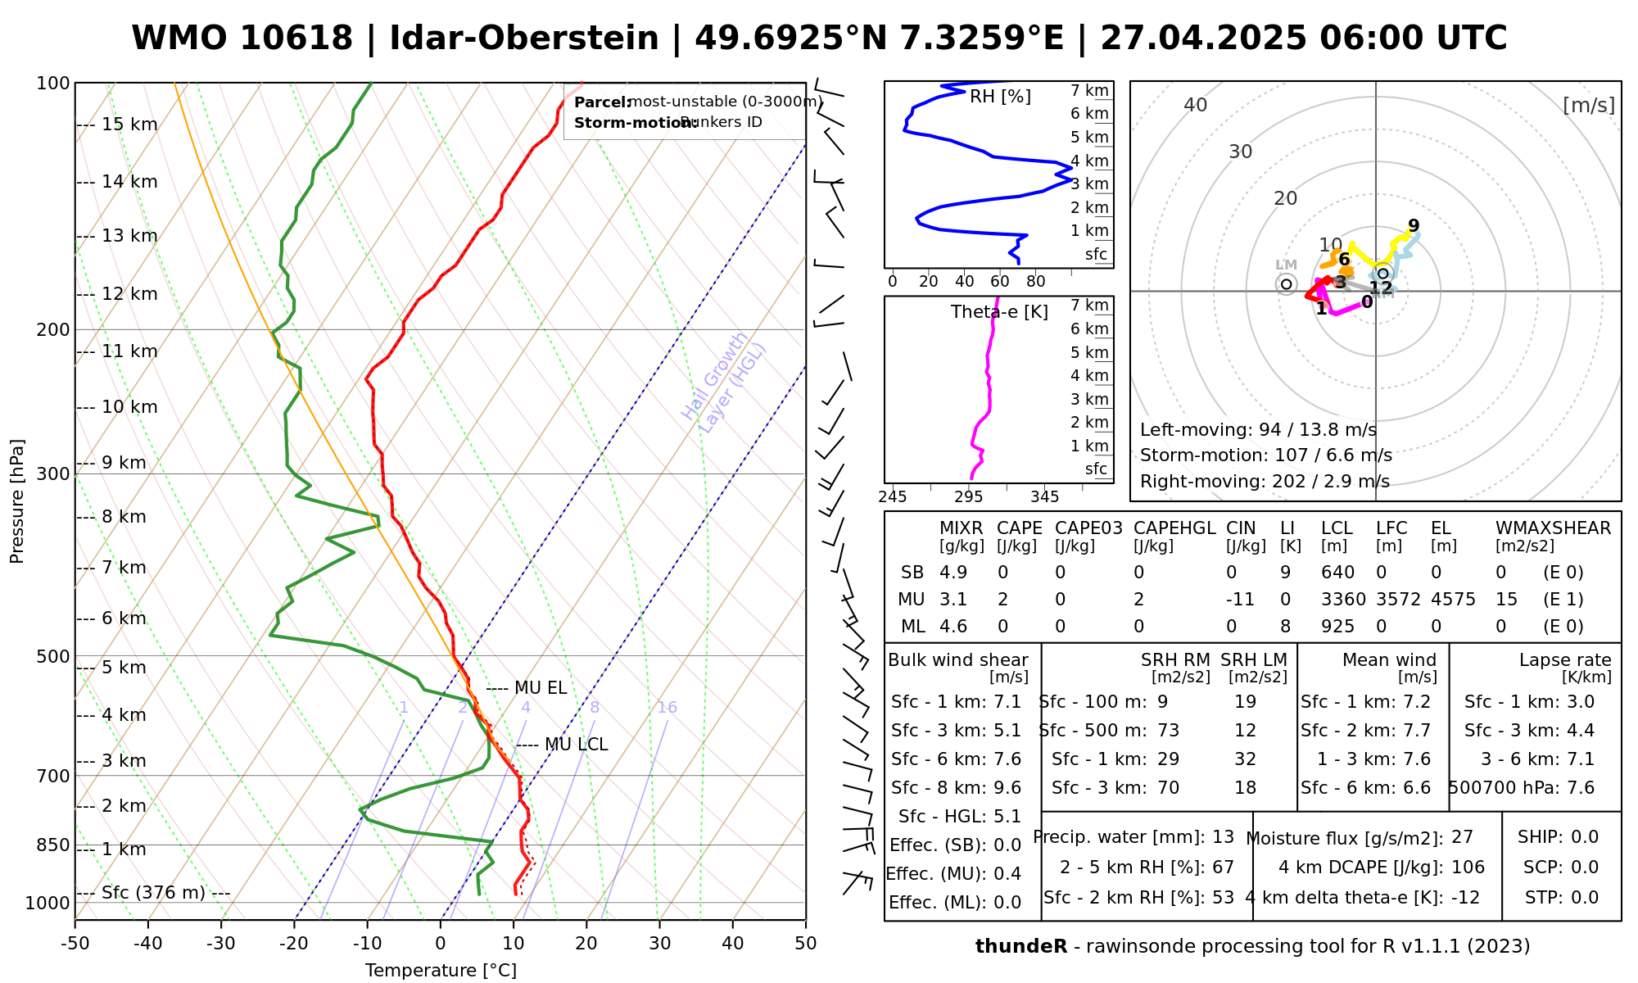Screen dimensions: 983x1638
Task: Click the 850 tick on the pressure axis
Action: click(x=54, y=845)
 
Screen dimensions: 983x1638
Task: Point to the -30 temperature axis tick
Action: click(x=221, y=944)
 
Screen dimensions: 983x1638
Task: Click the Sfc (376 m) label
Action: click(x=153, y=892)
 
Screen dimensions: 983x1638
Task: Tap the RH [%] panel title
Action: click(x=1000, y=97)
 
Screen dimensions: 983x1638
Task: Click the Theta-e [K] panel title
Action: click(x=999, y=312)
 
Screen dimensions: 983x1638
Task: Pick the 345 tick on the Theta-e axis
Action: click(x=1044, y=497)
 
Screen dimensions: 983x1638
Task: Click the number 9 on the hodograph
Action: click(x=1414, y=226)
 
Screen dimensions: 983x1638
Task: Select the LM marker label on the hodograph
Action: click(x=1286, y=265)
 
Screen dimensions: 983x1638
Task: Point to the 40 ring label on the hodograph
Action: click(x=1196, y=105)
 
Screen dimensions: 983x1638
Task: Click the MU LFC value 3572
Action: click(x=1398, y=600)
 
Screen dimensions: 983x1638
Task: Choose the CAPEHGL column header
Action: click(x=1174, y=528)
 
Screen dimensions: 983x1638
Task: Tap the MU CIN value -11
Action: click(x=1240, y=600)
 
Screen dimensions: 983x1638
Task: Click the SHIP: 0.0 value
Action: click(x=1585, y=837)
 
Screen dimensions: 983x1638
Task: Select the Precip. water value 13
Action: click(x=1223, y=837)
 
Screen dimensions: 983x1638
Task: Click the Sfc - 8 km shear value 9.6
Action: click(x=1007, y=788)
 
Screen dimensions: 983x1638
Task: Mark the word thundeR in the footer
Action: click(x=1021, y=947)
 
